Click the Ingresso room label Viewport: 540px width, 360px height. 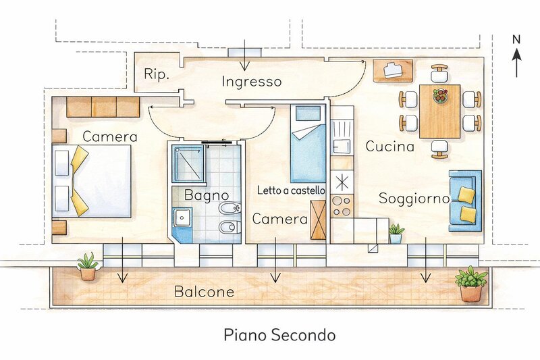click(x=252, y=82)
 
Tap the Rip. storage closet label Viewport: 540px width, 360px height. click(x=157, y=74)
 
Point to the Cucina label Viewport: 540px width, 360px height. click(x=389, y=146)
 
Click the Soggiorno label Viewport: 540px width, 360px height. click(x=414, y=199)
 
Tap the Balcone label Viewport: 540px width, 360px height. click(x=204, y=292)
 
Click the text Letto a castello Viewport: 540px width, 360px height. click(x=291, y=190)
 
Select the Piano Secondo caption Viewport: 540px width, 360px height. click(x=279, y=334)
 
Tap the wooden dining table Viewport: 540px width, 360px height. click(x=440, y=111)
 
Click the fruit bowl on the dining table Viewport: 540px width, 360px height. click(x=440, y=95)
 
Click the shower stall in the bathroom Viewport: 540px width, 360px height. click(x=188, y=163)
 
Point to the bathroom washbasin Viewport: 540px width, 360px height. click(x=182, y=217)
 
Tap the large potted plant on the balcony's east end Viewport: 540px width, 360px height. click(x=471, y=284)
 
